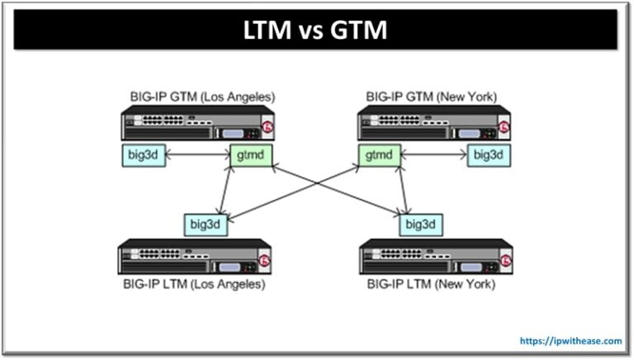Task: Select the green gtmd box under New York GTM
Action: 380,154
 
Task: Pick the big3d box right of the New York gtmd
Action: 489,154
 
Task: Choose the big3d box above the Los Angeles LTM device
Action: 206,224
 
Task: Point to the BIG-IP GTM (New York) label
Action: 432,97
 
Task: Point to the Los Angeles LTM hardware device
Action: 195,257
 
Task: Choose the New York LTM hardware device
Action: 435,257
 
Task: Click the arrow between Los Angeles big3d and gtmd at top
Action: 196,154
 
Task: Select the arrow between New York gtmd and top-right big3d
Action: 434,154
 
